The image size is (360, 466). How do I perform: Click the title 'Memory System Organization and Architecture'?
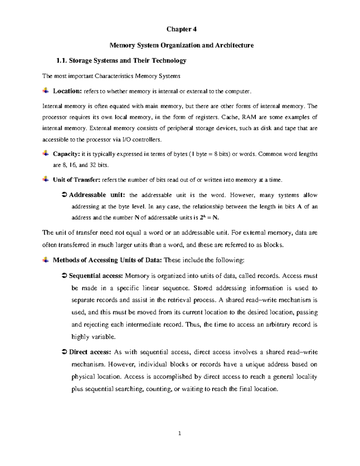coord(181,45)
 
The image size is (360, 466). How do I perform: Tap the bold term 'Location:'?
coord(67,91)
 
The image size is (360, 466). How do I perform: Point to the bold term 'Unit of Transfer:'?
coord(76,180)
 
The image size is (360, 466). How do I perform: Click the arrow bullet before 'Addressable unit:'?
coord(64,195)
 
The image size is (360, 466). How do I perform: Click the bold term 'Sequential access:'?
coord(96,276)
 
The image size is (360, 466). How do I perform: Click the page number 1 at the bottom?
coord(180,433)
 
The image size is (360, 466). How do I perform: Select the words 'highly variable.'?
coord(93,337)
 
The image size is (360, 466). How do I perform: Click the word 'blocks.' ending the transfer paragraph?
coord(273,245)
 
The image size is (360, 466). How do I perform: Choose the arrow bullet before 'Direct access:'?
coord(64,352)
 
